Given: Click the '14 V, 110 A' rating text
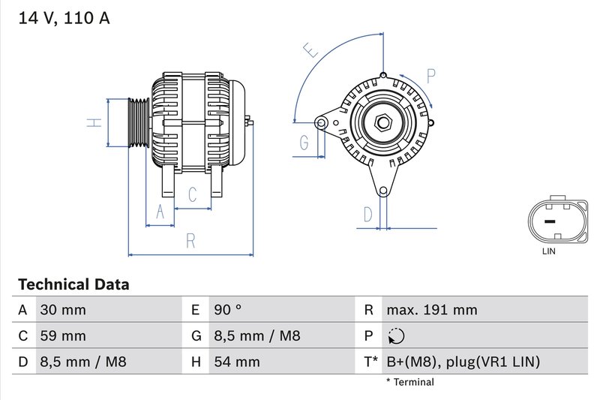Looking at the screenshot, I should tap(63, 18).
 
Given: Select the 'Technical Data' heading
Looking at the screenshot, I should tap(73, 284).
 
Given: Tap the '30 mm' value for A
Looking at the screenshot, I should tap(63, 310).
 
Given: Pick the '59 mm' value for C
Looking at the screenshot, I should tap(63, 336).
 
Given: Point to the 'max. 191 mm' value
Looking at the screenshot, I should tap(431, 310).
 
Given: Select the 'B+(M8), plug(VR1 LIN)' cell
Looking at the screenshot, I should tap(463, 362).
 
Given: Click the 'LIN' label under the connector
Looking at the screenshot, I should tap(549, 251).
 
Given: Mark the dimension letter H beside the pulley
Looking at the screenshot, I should tap(92, 122).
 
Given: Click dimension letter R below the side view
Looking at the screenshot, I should tap(190, 241).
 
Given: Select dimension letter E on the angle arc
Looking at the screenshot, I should tap(310, 51).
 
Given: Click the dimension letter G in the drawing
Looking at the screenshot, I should tap(304, 142).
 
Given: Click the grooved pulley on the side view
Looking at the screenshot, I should tap(138, 122).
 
